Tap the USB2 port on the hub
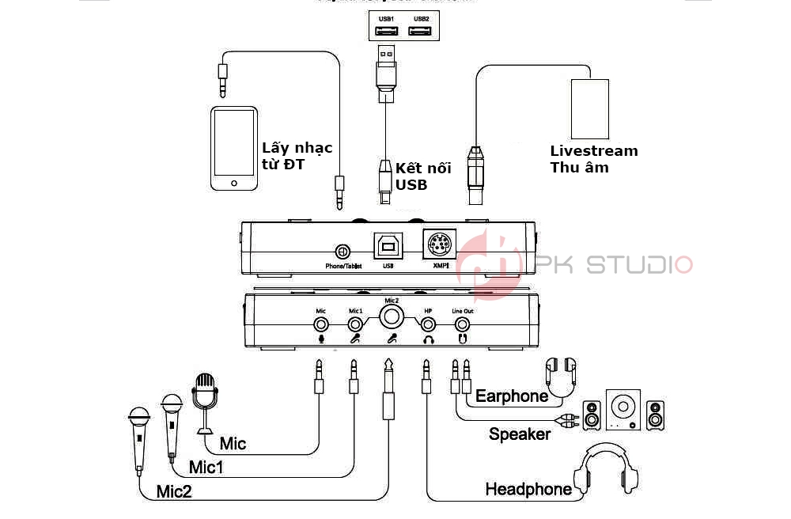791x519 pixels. click(421, 31)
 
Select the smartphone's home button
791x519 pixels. click(233, 184)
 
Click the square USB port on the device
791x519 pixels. click(388, 248)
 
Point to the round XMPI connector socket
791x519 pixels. click(439, 246)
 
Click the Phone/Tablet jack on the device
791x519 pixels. click(343, 252)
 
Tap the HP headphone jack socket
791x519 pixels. click(428, 324)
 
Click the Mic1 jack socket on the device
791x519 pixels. click(354, 324)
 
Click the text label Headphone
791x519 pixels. click(528, 489)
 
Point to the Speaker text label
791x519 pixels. click(520, 434)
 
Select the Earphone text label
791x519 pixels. click(512, 396)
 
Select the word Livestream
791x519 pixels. click(593, 150)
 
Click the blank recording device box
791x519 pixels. click(590, 108)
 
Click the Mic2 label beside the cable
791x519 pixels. click(173, 491)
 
